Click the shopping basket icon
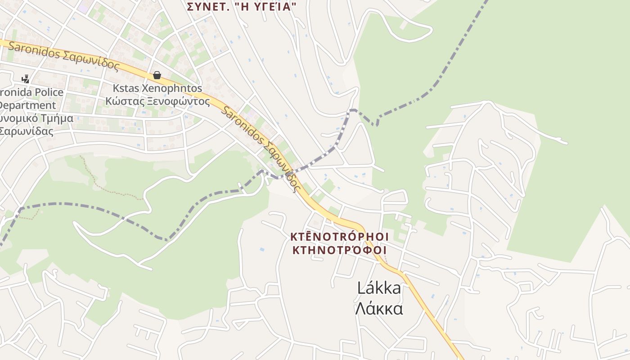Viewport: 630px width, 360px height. click(157, 75)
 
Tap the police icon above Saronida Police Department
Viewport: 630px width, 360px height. click(25, 79)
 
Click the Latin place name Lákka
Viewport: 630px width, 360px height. click(379, 288)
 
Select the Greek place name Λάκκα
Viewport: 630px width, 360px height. click(379, 309)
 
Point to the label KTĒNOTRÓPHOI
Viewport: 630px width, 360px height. click(339, 237)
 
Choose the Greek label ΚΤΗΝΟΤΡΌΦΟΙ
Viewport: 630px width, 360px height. click(339, 250)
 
